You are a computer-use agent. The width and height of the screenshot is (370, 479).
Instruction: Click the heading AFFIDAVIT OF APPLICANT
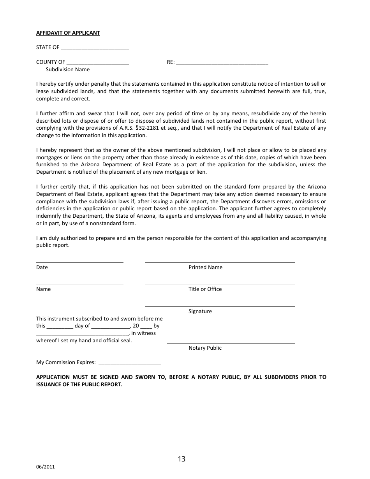(x=68, y=33)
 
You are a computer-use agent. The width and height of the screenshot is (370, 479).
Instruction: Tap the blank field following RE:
(x=222, y=63)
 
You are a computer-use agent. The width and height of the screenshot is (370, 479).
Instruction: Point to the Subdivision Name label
(x=68, y=70)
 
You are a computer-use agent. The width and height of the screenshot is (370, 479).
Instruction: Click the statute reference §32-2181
(x=197, y=128)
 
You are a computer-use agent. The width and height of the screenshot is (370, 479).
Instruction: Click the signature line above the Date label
(x=79, y=262)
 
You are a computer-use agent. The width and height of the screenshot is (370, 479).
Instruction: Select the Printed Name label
(x=205, y=268)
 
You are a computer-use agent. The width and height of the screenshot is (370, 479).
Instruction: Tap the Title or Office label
(x=205, y=289)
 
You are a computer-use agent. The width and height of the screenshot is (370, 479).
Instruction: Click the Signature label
(x=200, y=312)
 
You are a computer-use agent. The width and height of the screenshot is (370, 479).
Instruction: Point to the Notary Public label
(x=205, y=348)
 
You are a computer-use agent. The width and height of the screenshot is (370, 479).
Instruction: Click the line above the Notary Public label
(x=231, y=343)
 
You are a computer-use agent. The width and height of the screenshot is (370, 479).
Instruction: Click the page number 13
(x=181, y=459)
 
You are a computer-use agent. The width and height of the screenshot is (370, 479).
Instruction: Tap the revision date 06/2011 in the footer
(x=45, y=467)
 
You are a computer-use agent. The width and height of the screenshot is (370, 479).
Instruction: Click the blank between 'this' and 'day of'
(x=60, y=327)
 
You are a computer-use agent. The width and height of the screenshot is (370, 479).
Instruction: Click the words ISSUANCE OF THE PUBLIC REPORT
(x=79, y=384)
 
